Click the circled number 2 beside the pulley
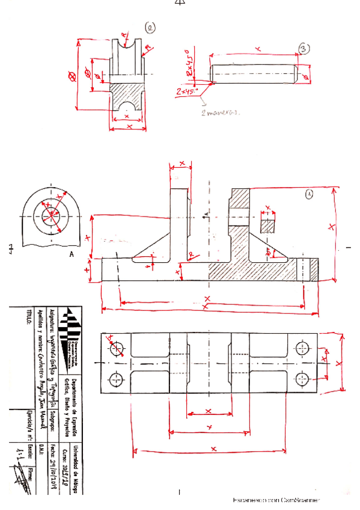pyautogui.click(x=149, y=27)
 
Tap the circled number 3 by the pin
pyautogui.click(x=305, y=50)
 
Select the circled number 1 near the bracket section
pyautogui.click(x=309, y=194)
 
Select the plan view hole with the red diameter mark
pyautogui.click(x=117, y=347)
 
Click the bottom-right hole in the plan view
pyautogui.click(x=302, y=379)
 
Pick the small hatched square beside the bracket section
pyautogui.click(x=267, y=224)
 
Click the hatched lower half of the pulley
pyautogui.click(x=127, y=96)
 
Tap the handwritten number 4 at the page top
pyautogui.click(x=180, y=3)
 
